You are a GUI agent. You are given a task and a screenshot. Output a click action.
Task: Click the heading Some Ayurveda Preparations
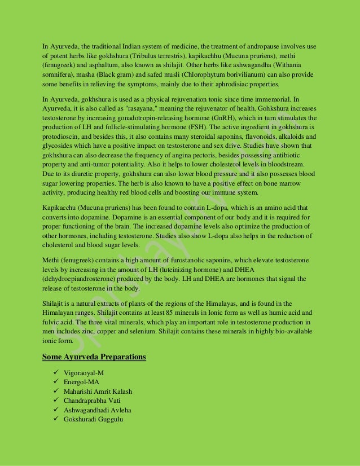[x=95, y=357]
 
